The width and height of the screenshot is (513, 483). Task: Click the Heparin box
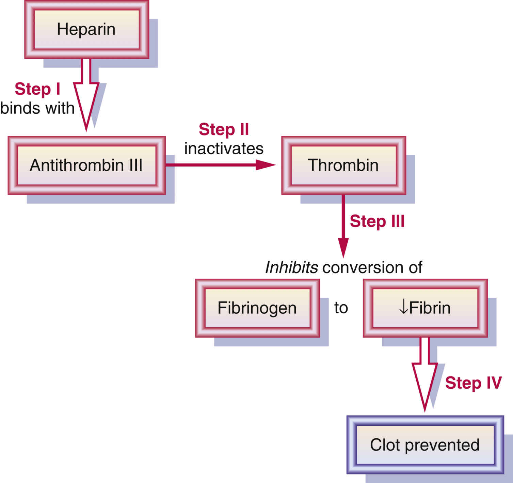[x=86, y=30]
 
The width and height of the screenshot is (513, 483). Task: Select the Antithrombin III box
[x=86, y=166]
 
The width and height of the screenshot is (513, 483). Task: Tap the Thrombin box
[x=343, y=166]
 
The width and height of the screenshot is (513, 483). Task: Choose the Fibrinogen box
[x=257, y=308]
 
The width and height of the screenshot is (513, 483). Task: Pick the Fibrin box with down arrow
[x=425, y=308]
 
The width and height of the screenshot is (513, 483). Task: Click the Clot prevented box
[x=425, y=445]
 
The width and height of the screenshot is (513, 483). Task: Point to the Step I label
[x=37, y=89]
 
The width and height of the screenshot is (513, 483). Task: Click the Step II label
[x=224, y=129]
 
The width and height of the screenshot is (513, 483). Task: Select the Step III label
[x=377, y=221]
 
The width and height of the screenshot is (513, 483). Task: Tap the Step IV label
[x=473, y=383]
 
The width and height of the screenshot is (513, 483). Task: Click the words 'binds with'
[x=37, y=108]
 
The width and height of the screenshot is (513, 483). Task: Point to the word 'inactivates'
[x=224, y=149]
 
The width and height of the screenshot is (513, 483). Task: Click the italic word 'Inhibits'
[x=291, y=268]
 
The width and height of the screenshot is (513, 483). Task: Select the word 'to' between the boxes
[x=341, y=308]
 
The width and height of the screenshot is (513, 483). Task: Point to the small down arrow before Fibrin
[x=403, y=308]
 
